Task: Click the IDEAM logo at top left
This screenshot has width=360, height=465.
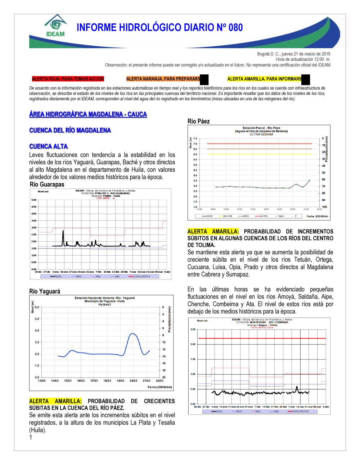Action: click(55, 26)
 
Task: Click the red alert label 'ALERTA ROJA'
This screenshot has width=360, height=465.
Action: click(68, 79)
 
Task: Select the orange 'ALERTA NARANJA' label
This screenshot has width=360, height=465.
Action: click(163, 79)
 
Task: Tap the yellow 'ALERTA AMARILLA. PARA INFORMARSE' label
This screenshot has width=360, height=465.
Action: click(265, 79)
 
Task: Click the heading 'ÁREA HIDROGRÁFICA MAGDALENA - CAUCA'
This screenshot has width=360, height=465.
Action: click(88, 114)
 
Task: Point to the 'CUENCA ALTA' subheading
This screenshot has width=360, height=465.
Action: click(49, 146)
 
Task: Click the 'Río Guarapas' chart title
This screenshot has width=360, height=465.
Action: click(47, 184)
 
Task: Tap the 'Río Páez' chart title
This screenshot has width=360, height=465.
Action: click(199, 121)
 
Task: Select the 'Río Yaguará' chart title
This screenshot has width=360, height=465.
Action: click(45, 291)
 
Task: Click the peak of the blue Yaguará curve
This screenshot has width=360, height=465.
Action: click(133, 334)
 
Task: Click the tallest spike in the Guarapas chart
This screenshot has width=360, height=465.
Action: click(63, 231)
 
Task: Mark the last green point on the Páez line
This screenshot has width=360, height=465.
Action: click(309, 181)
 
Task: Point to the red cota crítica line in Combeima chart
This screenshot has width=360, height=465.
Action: click(262, 338)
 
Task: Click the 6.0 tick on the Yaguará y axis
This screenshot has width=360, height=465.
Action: click(37, 307)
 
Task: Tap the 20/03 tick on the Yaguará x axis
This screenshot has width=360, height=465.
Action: click(133, 380)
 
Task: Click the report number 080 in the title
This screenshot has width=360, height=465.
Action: click(236, 28)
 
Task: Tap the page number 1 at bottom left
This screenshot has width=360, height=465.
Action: click(31, 437)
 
